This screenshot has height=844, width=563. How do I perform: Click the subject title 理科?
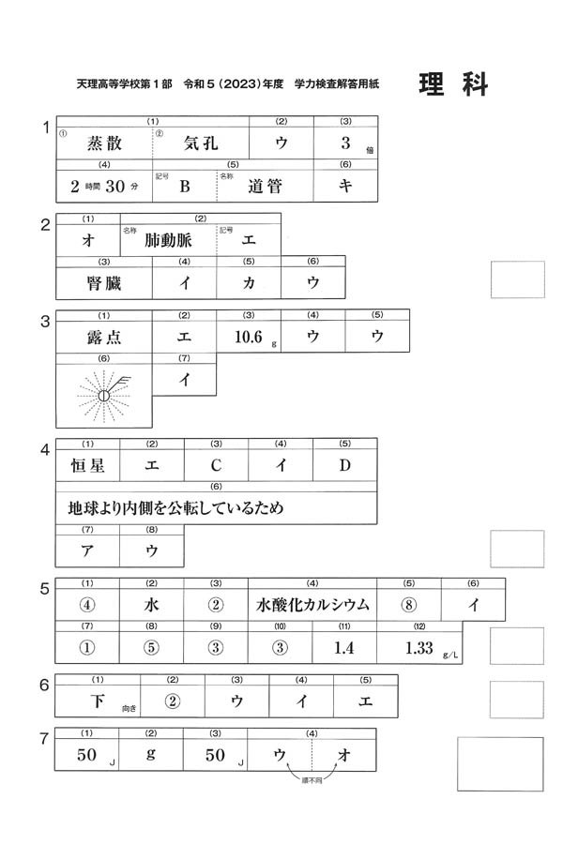[453, 84]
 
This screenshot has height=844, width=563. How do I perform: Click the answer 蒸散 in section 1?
[103, 143]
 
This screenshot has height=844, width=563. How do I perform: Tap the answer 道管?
[265, 186]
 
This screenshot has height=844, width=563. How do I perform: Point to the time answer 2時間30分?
[103, 186]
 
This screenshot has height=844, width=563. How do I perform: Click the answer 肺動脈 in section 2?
[168, 239]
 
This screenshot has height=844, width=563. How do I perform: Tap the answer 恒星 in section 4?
[87, 463]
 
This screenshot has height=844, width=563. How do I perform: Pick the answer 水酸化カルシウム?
[312, 605]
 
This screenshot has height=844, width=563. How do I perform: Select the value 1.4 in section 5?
[344, 647]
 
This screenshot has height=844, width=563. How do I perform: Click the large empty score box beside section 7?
[499, 764]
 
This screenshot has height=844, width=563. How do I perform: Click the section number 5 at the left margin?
[44, 589]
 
